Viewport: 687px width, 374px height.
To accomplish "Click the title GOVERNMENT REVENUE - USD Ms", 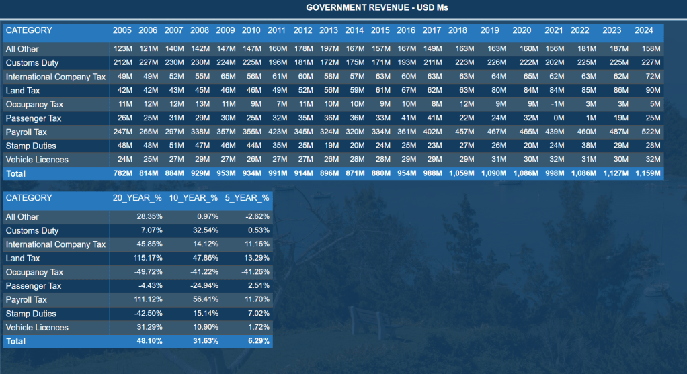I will (x=376, y=7).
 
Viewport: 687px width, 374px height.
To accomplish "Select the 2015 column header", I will (x=380, y=30).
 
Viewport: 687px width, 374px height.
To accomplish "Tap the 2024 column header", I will (x=643, y=30).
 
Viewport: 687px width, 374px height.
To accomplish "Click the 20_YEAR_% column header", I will (x=137, y=198).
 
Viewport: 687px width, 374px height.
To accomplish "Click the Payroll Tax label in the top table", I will (x=26, y=132).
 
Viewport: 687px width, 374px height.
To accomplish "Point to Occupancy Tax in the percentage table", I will (x=34, y=273).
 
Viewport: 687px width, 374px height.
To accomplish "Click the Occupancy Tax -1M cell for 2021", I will (x=556, y=104).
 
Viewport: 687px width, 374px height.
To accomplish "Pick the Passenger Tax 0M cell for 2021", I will (x=558, y=118).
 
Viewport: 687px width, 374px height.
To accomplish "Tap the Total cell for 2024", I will (x=648, y=174).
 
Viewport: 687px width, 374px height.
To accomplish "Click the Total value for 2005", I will (x=122, y=174).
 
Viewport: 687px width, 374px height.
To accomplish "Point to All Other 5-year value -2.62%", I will (x=256, y=217).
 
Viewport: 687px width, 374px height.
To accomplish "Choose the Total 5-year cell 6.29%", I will (x=257, y=342).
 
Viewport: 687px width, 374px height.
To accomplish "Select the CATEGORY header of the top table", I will (x=29, y=30).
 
